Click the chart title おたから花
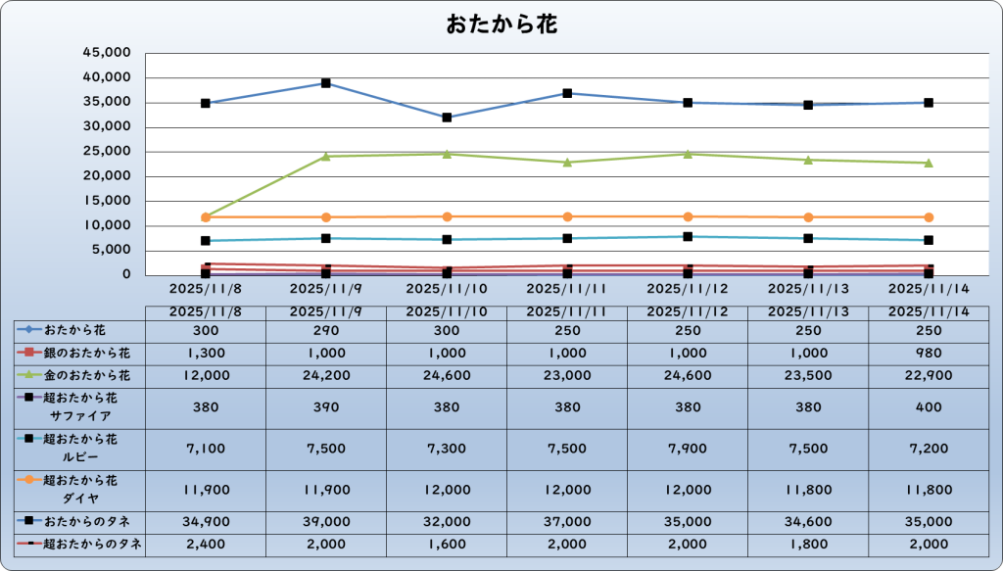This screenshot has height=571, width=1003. (x=501, y=24)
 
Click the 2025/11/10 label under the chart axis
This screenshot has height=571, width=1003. (x=447, y=289)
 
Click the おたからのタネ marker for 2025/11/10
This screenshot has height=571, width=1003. (x=447, y=118)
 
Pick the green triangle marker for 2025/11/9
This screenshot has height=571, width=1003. (x=326, y=156)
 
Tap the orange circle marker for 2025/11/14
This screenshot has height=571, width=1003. (x=929, y=217)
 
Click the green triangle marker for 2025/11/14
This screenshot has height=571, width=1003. (x=929, y=163)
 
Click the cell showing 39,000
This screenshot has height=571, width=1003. (x=326, y=522)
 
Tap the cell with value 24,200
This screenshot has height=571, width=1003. (x=326, y=374)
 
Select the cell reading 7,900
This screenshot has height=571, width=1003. (x=688, y=449)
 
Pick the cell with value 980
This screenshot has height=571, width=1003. (x=929, y=352)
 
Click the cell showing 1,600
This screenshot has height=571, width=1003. (x=447, y=544)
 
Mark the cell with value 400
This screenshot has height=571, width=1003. (x=929, y=406)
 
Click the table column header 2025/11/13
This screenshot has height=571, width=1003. (x=808, y=311)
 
